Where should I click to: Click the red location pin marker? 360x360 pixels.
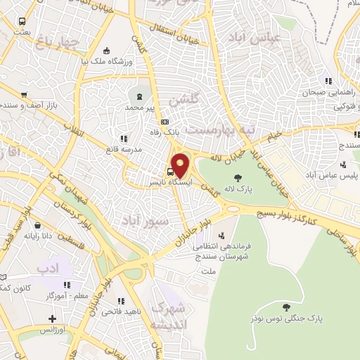[x=181, y=165]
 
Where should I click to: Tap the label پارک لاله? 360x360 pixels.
[x=238, y=190]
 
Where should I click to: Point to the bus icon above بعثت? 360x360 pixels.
[x=22, y=22]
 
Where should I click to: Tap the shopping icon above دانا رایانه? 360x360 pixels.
[x=37, y=225]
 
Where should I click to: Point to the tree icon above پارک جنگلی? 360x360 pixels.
[x=285, y=307]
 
